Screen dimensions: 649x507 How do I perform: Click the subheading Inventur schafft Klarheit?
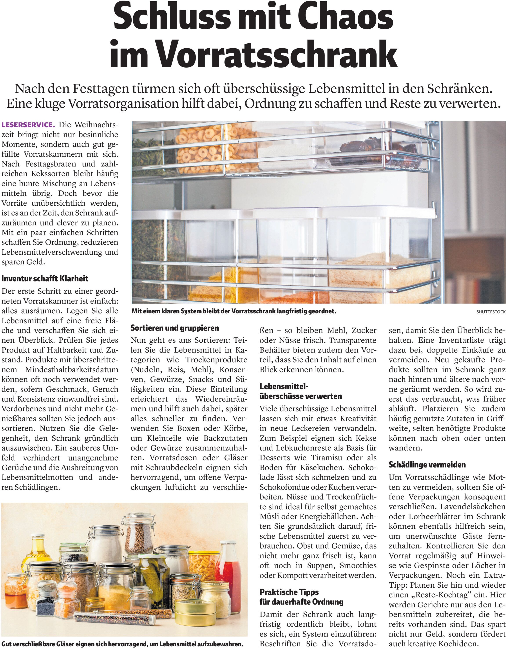pos(45,278)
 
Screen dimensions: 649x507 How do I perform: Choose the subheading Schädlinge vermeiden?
pos(427,465)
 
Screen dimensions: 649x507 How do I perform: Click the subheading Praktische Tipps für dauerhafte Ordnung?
pos(301,597)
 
